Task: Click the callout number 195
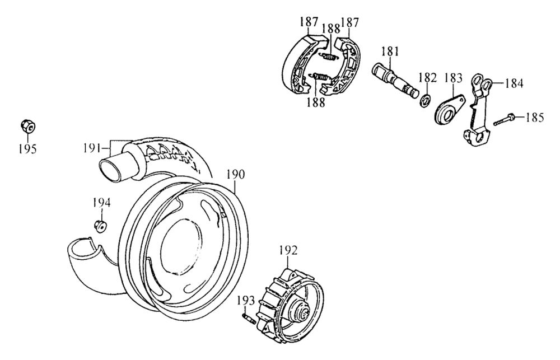(27, 148)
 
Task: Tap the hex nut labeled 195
(27, 126)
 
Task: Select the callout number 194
(102, 203)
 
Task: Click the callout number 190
(236, 175)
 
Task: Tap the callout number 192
(288, 250)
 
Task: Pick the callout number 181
(389, 51)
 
